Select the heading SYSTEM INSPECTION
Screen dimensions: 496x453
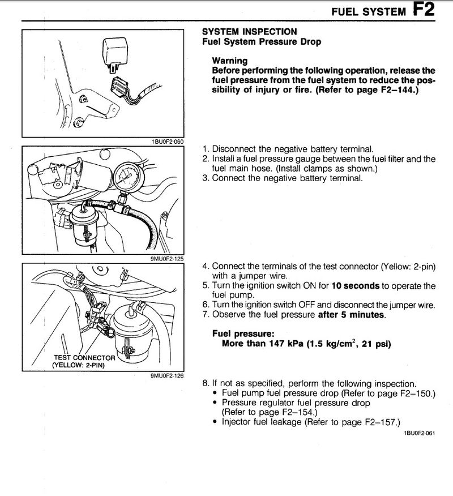click(249, 32)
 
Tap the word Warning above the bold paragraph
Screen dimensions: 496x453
click(229, 61)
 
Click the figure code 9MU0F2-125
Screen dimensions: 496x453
click(169, 259)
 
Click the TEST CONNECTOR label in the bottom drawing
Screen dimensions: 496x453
click(84, 358)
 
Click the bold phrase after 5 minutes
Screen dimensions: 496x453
click(351, 315)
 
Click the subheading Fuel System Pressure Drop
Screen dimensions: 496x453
click(262, 42)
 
